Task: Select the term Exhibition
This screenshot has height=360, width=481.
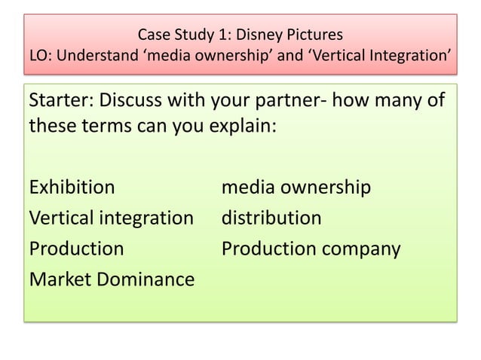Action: pos(72,187)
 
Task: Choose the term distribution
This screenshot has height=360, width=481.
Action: pos(271,218)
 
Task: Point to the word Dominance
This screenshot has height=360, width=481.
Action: pos(146,279)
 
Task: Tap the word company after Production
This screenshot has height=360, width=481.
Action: pos(362,249)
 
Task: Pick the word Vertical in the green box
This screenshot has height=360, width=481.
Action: pos(60,218)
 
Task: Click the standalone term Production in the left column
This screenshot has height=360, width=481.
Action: pos(76,249)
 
